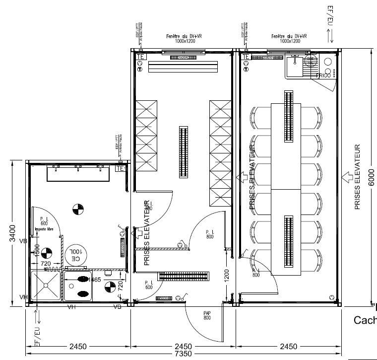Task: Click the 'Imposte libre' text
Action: [44, 229]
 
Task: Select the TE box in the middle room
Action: [140, 57]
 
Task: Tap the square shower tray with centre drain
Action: [46, 285]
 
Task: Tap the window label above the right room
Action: [289, 39]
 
